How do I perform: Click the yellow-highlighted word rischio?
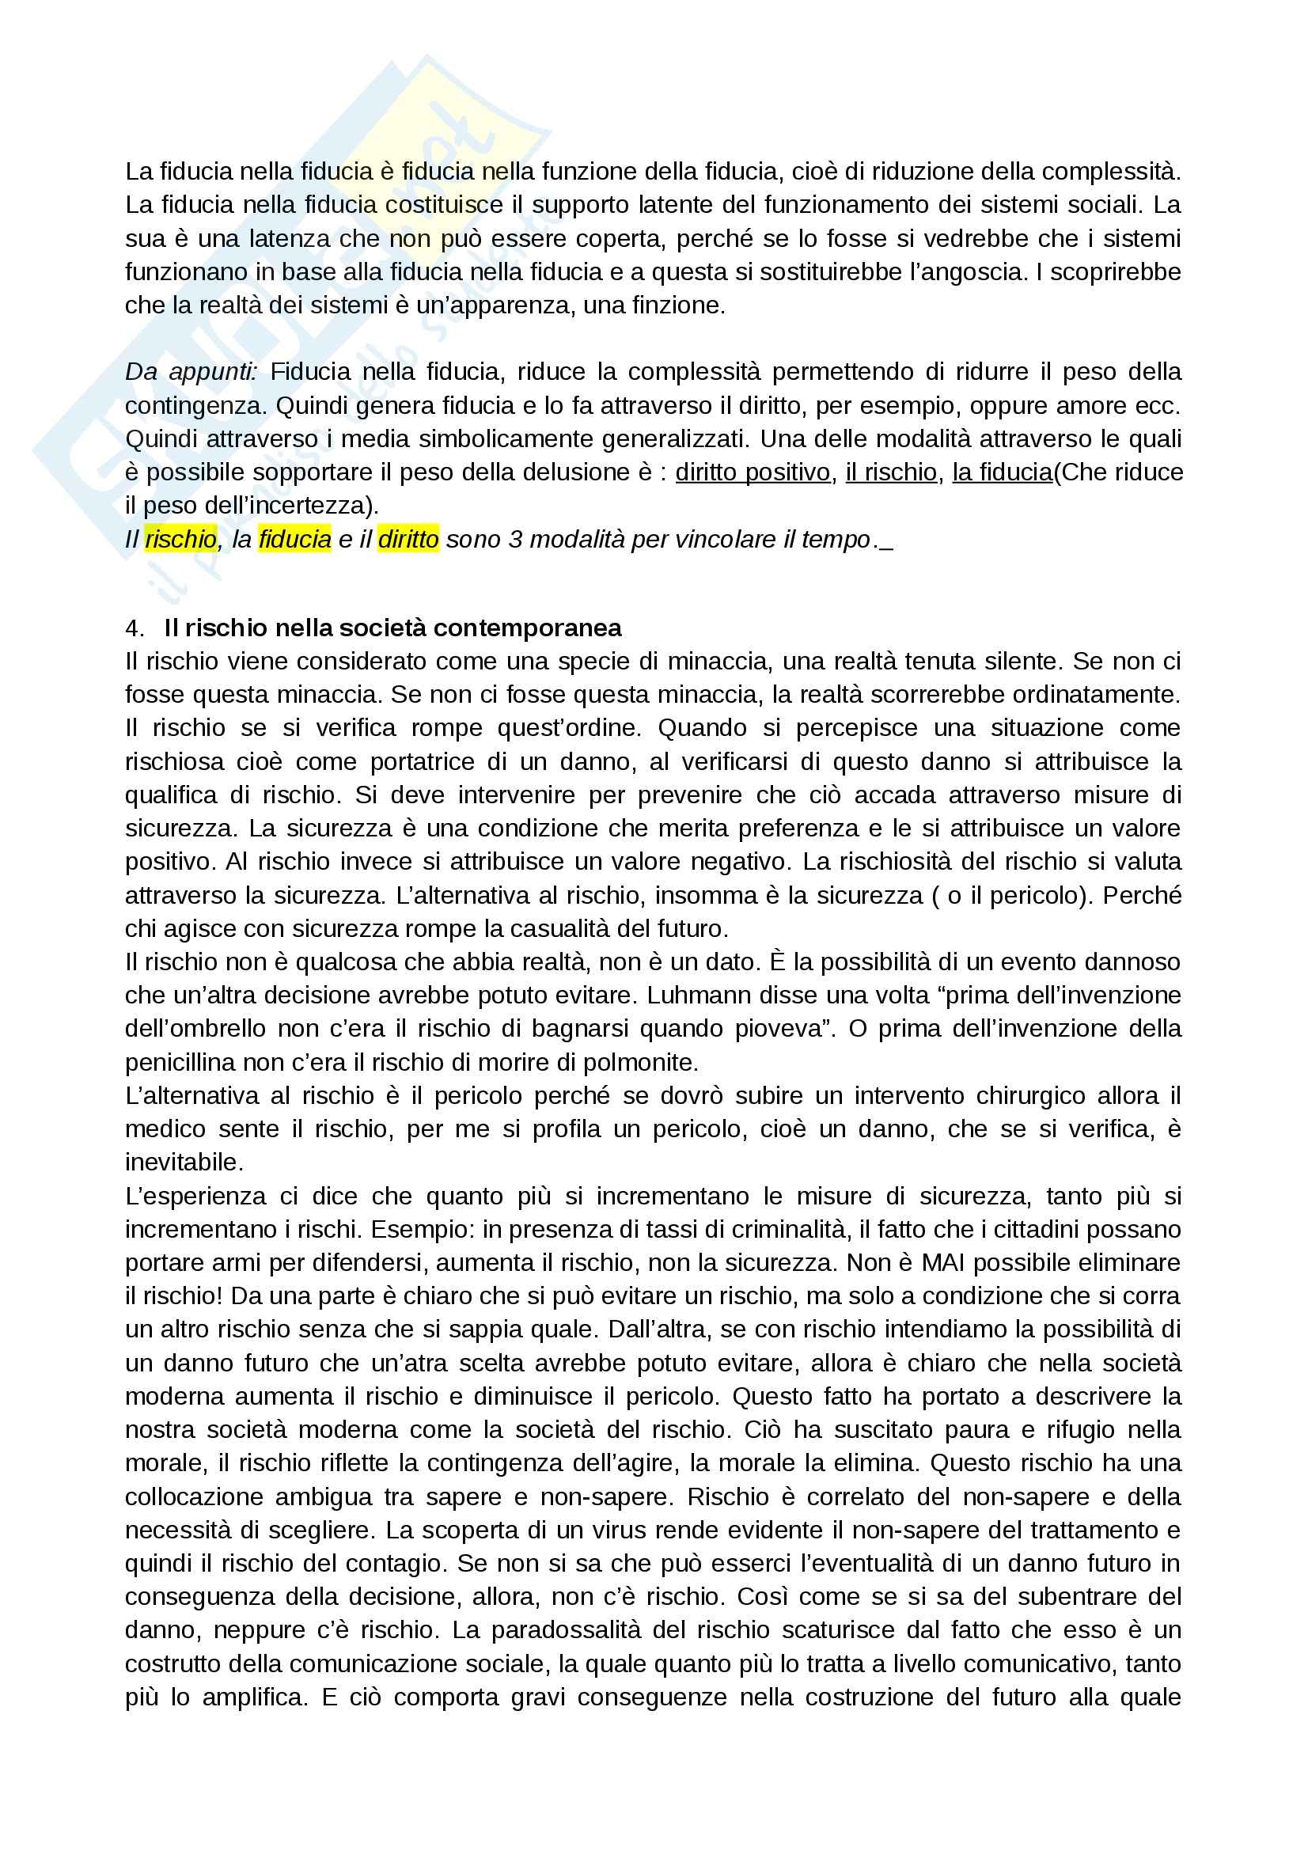coord(180,539)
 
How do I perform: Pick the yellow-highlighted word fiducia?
coord(295,539)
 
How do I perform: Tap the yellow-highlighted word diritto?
coord(408,539)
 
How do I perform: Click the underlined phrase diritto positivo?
coord(753,472)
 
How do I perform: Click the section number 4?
coord(133,628)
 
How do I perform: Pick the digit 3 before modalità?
coord(516,539)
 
